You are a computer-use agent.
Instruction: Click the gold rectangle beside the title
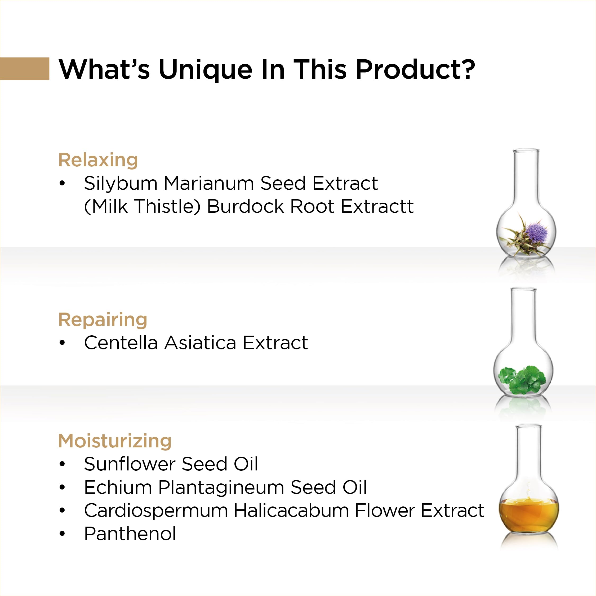[x=25, y=69]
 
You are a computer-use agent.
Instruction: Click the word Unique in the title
[x=206, y=71]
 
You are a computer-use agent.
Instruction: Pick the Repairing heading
[x=103, y=320]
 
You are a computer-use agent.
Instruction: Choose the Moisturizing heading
[x=115, y=441]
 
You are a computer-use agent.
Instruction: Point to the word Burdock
[x=245, y=206]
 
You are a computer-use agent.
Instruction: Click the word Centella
[x=121, y=343]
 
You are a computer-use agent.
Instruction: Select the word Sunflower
[x=130, y=464]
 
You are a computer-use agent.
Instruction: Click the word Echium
[x=118, y=487]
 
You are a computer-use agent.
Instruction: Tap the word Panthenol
[x=130, y=534]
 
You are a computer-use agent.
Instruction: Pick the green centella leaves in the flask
[x=523, y=379]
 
